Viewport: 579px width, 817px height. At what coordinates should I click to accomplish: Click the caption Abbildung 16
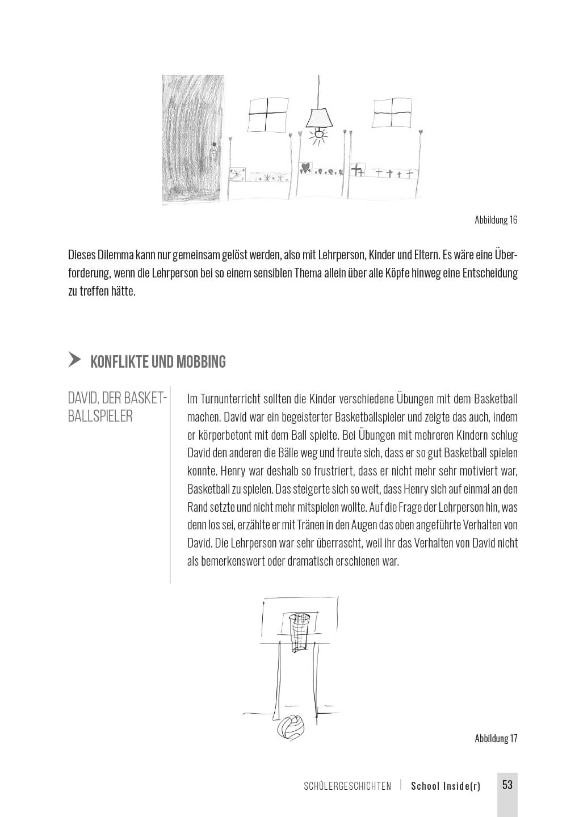(496, 220)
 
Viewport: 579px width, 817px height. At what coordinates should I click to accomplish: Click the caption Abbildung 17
(496, 738)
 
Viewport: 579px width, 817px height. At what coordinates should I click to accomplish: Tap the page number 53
(507, 785)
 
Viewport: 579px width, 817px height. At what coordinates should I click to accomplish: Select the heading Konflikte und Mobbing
(158, 361)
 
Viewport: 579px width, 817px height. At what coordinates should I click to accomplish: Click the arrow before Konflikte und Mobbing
(74, 360)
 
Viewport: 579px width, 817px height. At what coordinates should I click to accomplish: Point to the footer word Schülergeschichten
(347, 786)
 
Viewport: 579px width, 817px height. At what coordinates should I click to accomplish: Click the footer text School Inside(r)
(446, 786)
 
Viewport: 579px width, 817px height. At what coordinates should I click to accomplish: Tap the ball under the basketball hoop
(291, 726)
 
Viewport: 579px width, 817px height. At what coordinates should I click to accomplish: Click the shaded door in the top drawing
(191, 139)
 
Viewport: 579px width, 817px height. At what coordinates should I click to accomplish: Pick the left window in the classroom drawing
(268, 113)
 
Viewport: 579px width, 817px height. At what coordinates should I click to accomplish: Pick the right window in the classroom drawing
(392, 113)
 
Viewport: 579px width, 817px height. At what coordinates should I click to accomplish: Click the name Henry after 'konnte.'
(233, 471)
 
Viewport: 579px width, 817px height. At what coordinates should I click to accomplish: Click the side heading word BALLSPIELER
(100, 416)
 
